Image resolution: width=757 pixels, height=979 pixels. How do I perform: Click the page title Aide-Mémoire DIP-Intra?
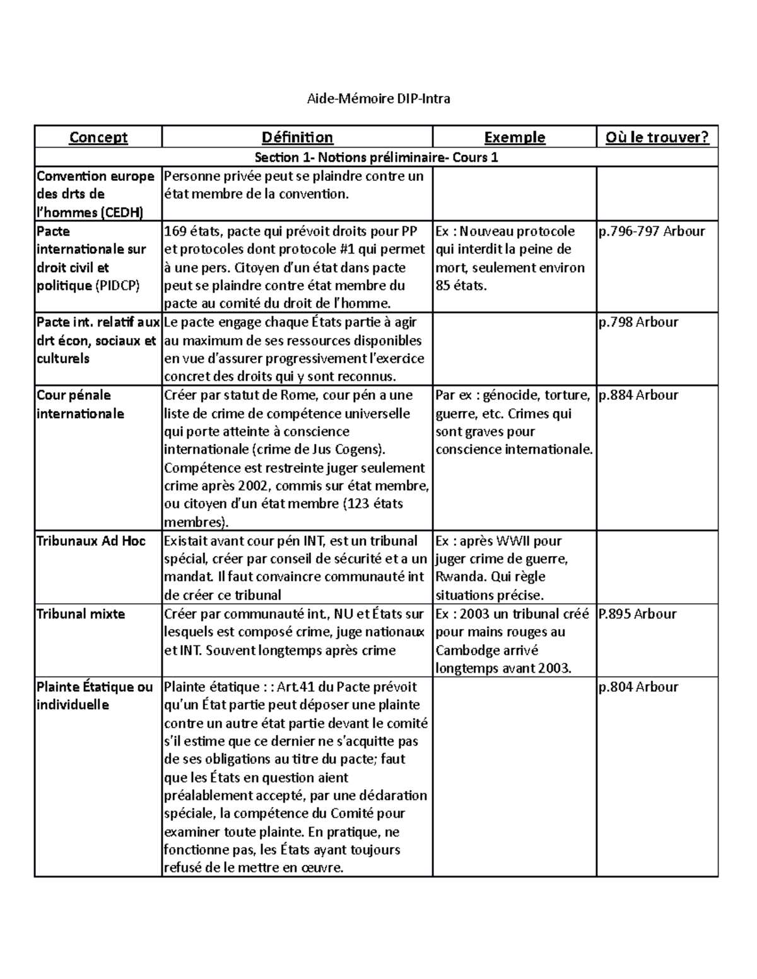[x=378, y=98]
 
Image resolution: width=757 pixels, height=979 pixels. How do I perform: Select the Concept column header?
[x=98, y=137]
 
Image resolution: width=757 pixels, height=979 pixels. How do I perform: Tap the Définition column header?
[x=297, y=137]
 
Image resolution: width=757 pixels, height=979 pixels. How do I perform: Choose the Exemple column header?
[x=514, y=137]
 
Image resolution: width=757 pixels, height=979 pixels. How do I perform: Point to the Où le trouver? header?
[x=657, y=137]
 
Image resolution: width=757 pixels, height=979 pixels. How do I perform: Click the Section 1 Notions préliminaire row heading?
[x=376, y=157]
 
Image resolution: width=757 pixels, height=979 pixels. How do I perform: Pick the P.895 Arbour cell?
[x=637, y=614]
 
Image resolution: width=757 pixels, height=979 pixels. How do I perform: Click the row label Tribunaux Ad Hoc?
[x=91, y=541]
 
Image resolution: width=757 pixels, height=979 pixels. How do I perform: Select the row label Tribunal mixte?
[x=81, y=614]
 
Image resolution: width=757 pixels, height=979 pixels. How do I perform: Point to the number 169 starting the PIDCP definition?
[x=175, y=231]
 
